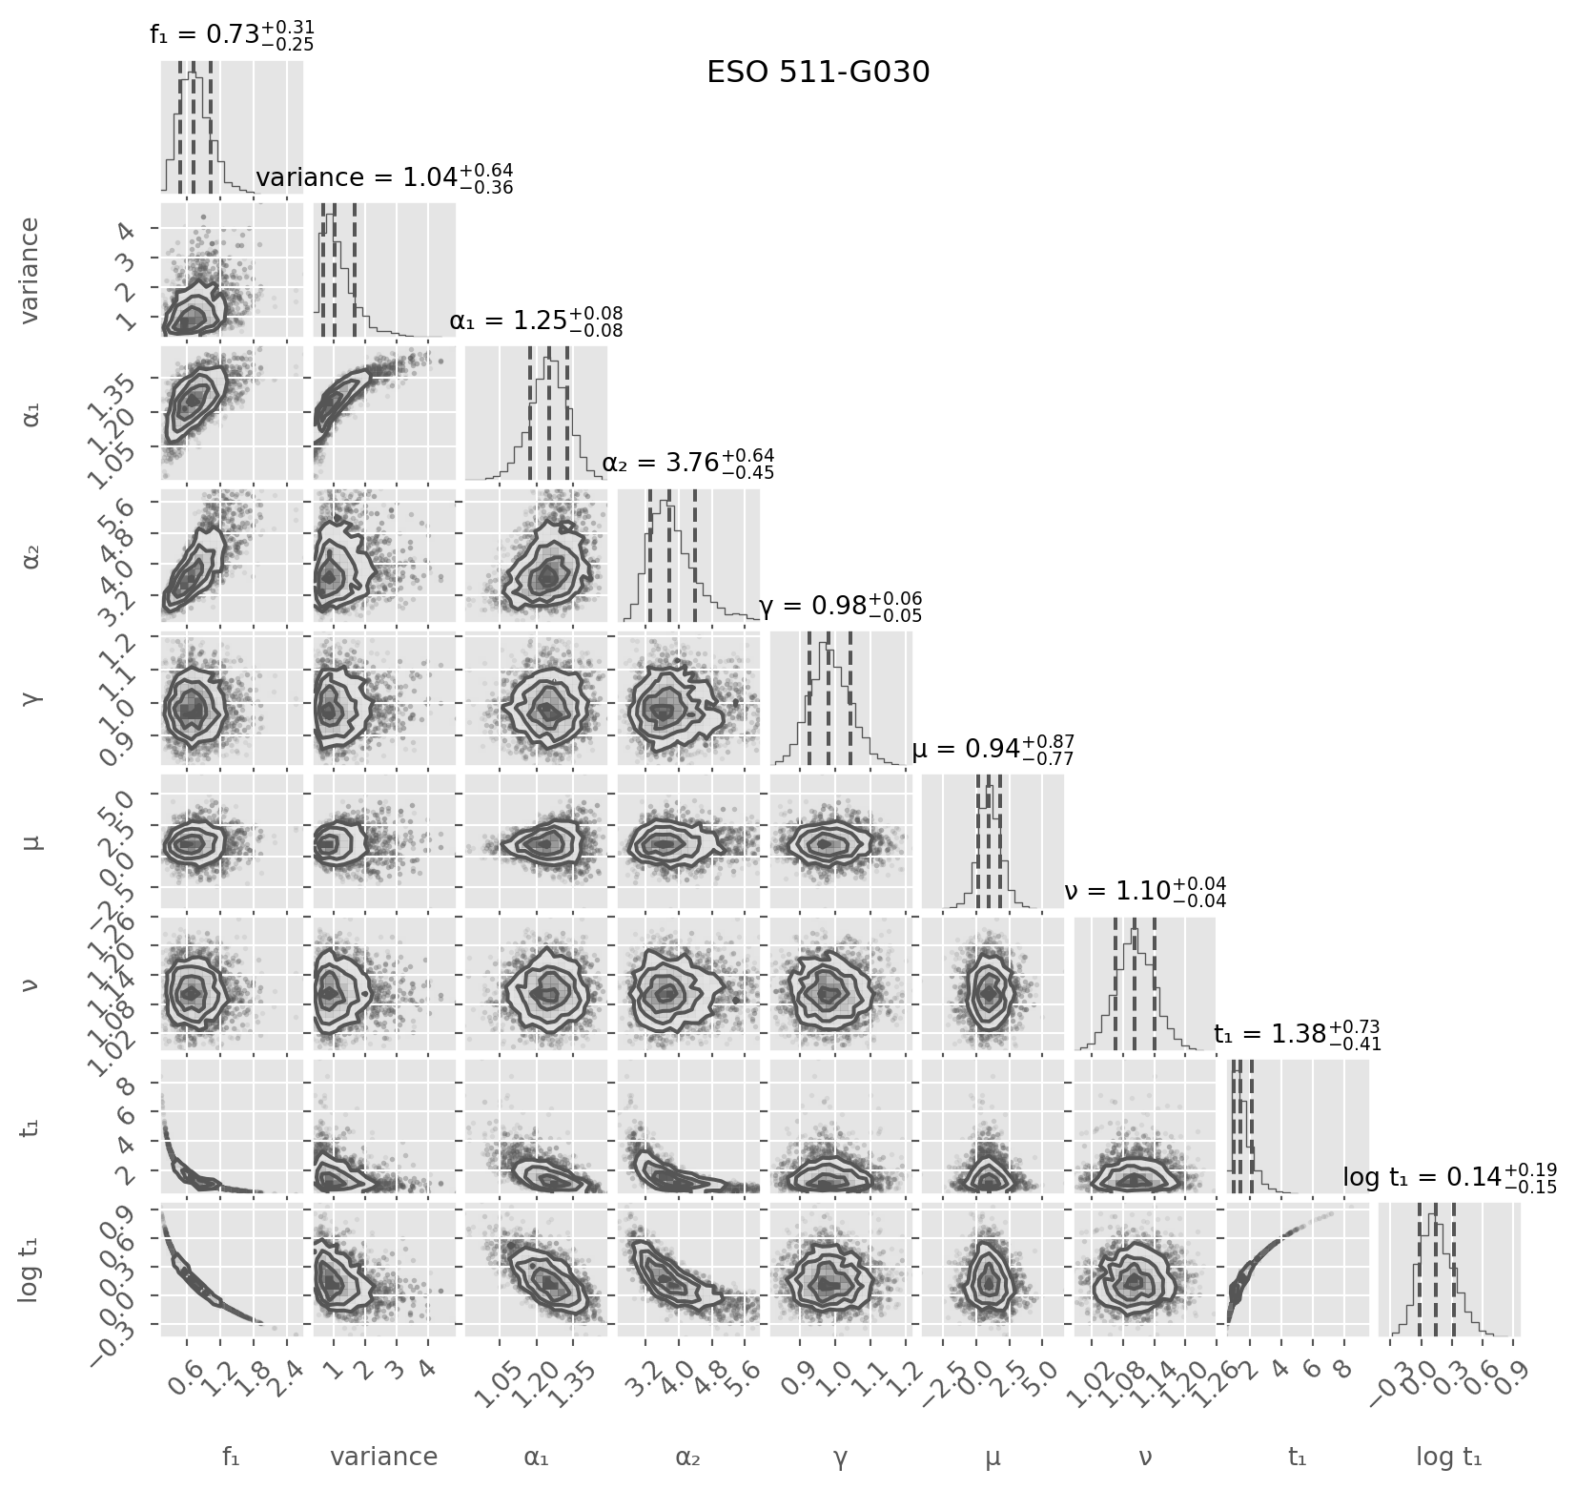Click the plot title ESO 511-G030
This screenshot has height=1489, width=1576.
click(817, 72)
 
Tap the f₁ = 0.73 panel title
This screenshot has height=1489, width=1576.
click(232, 35)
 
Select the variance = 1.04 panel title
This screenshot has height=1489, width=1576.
click(385, 178)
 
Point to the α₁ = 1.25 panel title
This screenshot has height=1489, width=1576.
click(536, 321)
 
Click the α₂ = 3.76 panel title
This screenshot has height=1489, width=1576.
click(687, 464)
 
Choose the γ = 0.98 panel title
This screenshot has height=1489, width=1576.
click(840, 607)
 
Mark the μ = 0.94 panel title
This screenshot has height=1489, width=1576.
click(993, 750)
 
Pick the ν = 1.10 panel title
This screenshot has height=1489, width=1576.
click(1144, 892)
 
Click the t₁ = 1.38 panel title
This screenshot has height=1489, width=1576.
click(1297, 1035)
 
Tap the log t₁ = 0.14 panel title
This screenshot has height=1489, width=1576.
click(1449, 1178)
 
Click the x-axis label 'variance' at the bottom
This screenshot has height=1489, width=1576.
click(383, 1457)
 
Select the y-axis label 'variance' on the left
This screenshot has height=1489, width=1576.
click(31, 270)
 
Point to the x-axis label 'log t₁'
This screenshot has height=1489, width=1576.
click(1449, 1457)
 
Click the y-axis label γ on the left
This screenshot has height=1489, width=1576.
click(31, 698)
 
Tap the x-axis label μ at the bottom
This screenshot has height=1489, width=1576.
click(993, 1457)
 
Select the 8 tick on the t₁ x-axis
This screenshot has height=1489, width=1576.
click(1344, 1366)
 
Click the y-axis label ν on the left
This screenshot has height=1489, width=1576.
click(31, 983)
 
